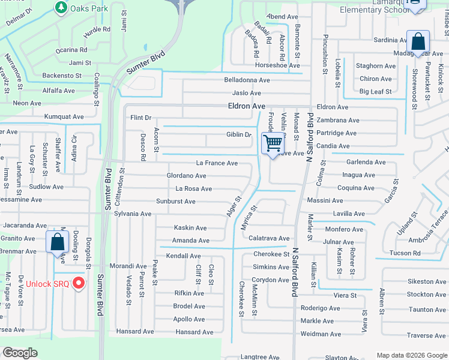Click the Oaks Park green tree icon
61,7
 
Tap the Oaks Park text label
89,8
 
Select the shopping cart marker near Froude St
273,144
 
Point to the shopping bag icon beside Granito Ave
58,242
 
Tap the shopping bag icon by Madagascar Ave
418,43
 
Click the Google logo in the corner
20,353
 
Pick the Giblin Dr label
239,134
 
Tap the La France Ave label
217,163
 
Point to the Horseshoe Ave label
277,65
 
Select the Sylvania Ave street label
133,214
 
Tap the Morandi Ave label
127,266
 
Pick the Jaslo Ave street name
247,93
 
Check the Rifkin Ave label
189,293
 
